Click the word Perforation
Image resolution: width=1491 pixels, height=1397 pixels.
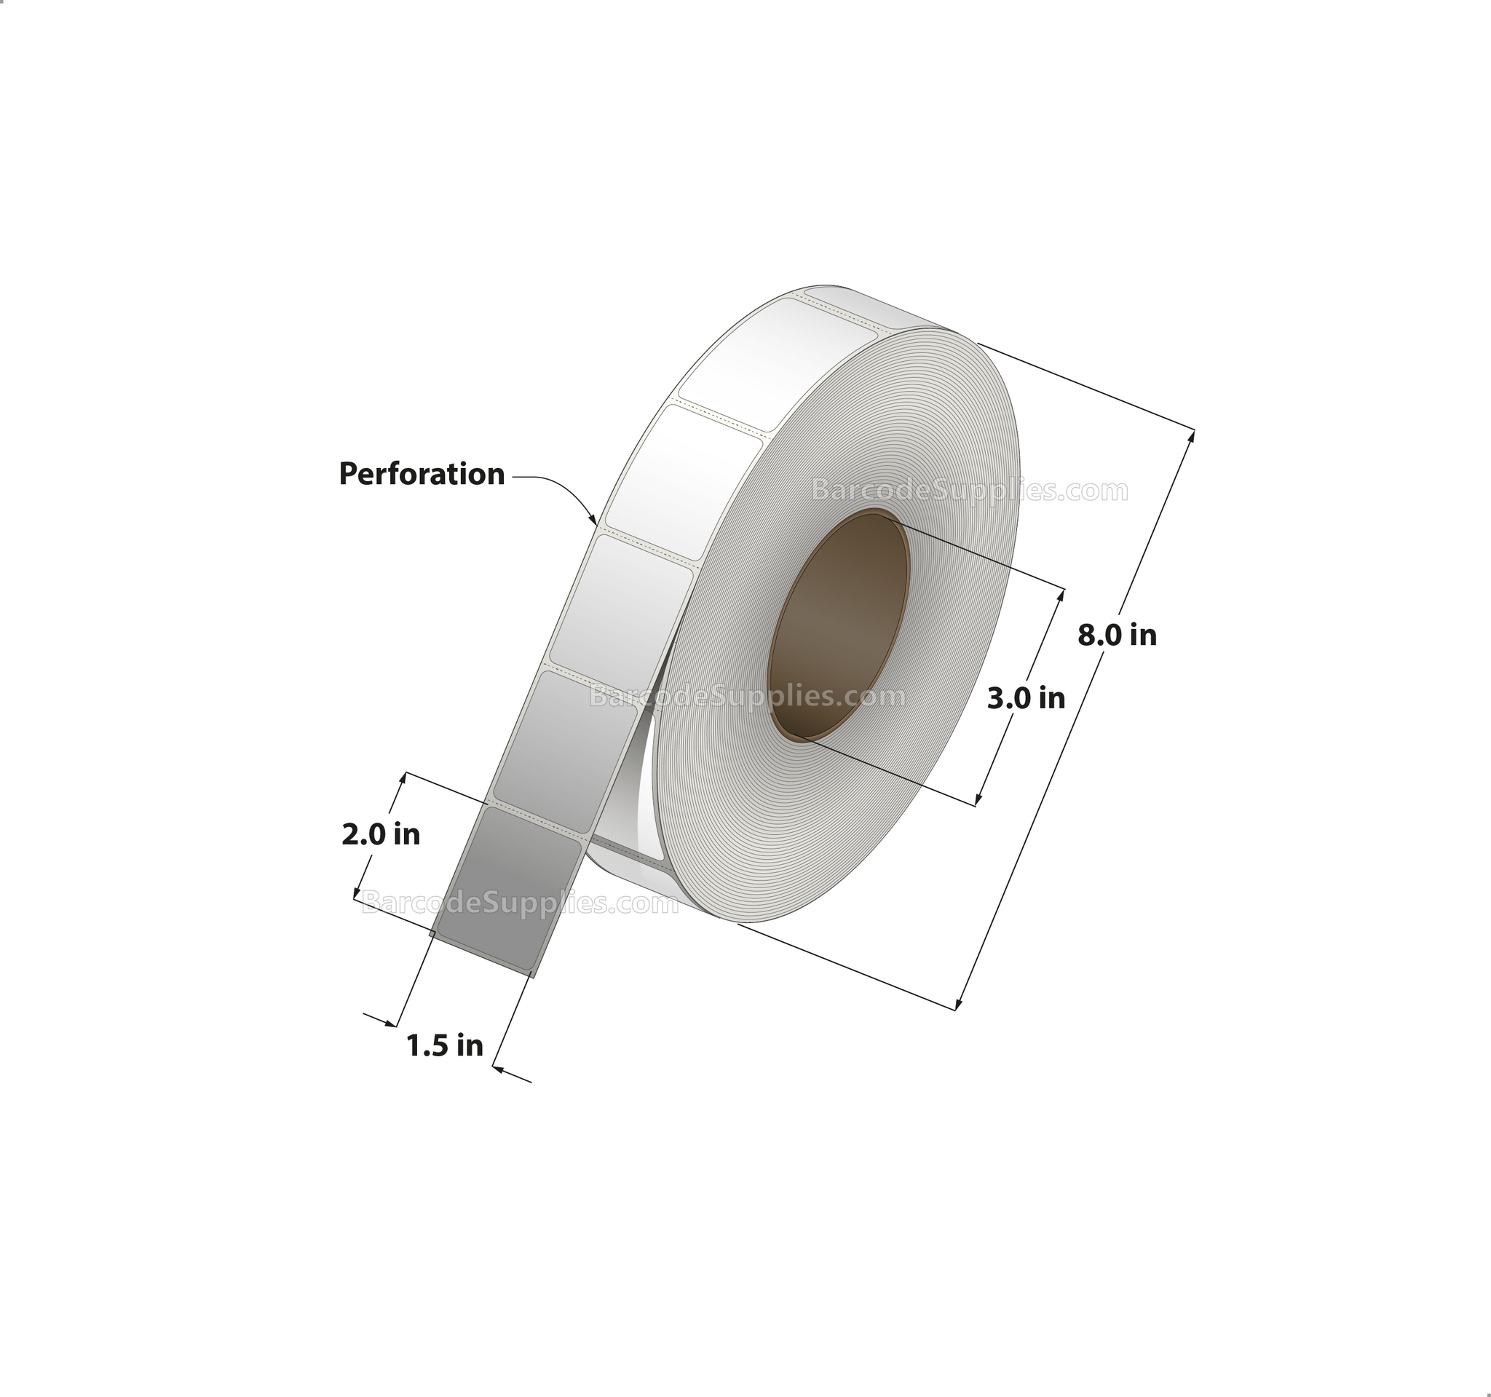pos(422,474)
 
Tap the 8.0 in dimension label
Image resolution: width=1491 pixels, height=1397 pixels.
pos(1117,635)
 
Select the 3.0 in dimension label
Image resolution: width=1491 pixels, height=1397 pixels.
pos(1026,698)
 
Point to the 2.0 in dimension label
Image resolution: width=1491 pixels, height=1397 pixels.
pos(380,834)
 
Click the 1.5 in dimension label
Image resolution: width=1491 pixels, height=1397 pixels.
pos(445,1045)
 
